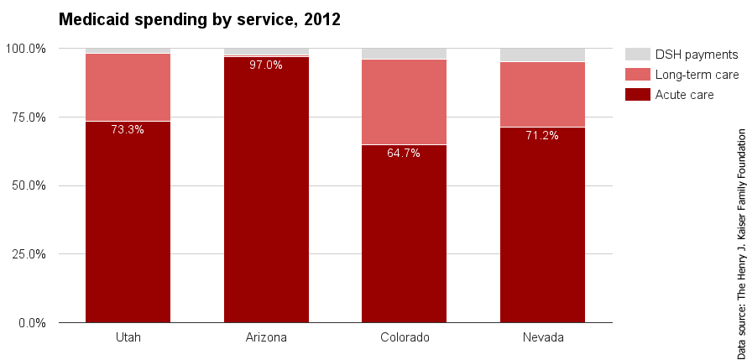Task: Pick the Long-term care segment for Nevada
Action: [542, 94]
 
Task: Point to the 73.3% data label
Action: [128, 129]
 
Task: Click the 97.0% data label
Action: [266, 65]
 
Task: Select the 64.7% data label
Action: [404, 153]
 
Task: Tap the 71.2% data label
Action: [542, 135]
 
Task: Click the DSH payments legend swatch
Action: [638, 55]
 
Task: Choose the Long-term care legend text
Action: [697, 75]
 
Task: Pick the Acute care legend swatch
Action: [638, 95]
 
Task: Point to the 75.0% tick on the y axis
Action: [28, 117]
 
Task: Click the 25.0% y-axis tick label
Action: [28, 253]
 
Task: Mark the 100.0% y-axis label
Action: [25, 49]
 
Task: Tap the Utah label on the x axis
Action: [128, 337]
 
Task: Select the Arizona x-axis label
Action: [266, 337]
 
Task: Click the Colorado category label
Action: [404, 337]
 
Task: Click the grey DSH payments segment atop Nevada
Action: [542, 55]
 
